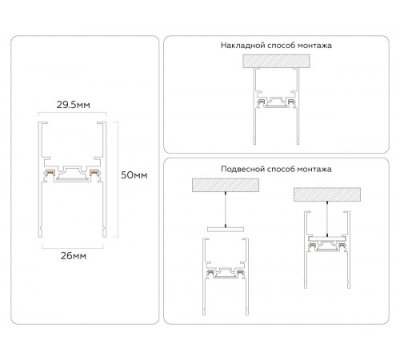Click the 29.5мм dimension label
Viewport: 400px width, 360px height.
pos(73,105)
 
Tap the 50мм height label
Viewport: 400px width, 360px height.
pos(134,175)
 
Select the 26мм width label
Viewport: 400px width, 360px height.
pos(74,256)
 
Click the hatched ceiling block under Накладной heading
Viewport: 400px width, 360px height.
pos(276,62)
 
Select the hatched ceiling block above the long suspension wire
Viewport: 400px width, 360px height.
pos(226,185)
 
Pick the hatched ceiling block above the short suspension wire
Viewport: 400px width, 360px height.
pos(327,194)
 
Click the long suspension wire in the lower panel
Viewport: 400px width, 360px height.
pos(226,210)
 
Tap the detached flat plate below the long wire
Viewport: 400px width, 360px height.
pos(226,230)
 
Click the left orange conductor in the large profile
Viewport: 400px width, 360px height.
pos(50,172)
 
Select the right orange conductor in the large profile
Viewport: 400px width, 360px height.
pos(94,172)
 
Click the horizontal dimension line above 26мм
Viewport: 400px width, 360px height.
pos(73,248)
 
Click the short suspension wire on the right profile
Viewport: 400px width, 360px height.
pos(327,218)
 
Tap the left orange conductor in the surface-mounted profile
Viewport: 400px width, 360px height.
pos(262,102)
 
